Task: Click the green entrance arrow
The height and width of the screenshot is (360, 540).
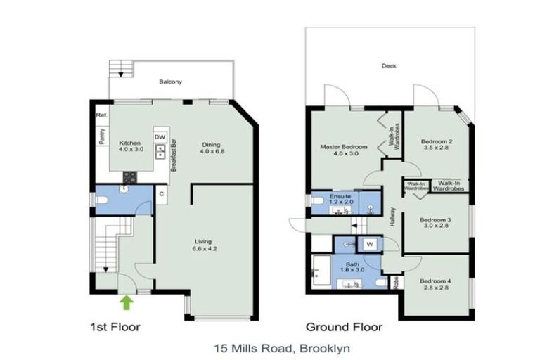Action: click(127, 302)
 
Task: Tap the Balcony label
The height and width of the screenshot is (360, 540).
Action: click(170, 82)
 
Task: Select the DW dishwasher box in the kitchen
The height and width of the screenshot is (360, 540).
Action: click(160, 136)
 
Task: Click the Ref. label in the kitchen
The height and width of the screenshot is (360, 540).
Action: click(101, 115)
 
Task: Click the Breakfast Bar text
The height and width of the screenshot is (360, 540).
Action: click(172, 155)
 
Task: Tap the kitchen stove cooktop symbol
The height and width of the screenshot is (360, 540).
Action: click(130, 177)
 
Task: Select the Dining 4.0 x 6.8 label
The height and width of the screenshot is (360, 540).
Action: click(211, 147)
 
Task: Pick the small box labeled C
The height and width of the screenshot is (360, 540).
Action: click(161, 193)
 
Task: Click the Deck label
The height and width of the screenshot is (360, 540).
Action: click(389, 66)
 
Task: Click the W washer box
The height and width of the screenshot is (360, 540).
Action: click(369, 245)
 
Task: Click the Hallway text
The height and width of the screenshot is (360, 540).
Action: click(393, 220)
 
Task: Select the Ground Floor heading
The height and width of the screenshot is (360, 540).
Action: click(344, 327)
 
